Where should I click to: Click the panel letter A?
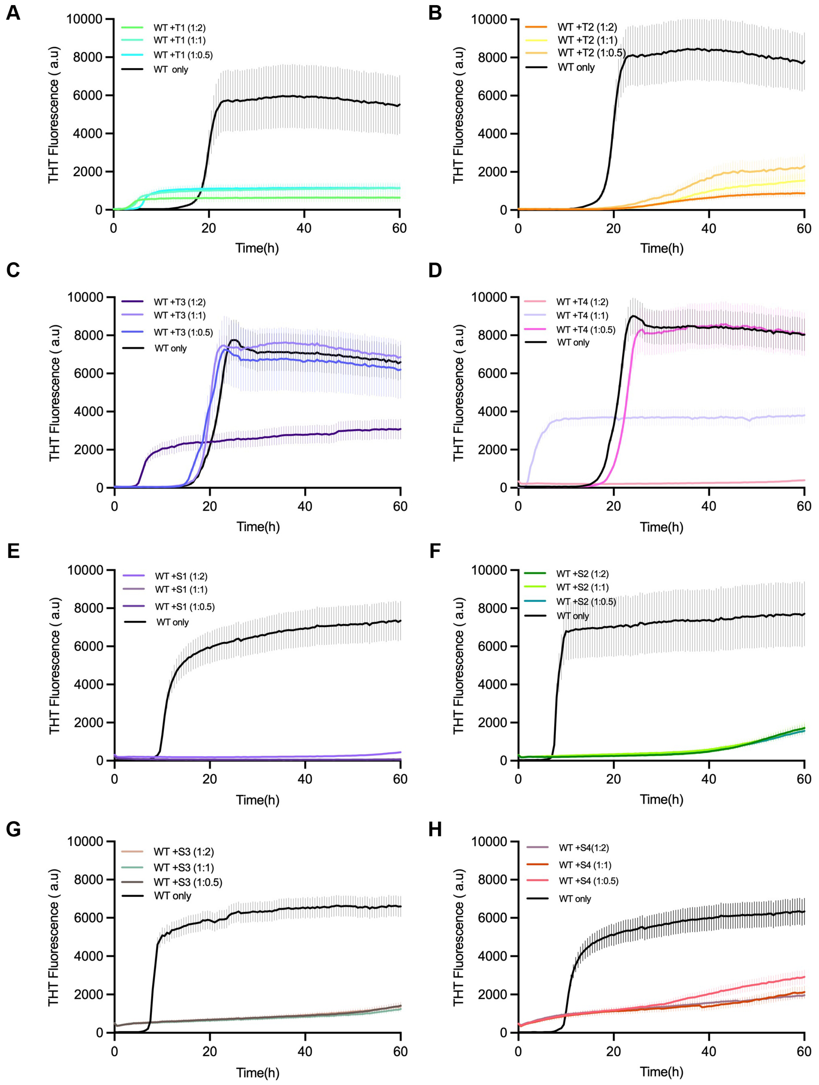13,13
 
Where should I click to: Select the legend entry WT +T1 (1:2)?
179,27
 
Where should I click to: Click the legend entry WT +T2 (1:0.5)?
591,53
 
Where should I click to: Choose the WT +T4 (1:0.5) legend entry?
585,329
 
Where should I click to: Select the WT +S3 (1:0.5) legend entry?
187,882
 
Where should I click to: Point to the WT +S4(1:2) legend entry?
583,848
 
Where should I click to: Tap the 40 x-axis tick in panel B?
709,228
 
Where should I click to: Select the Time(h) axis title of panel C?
258,527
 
